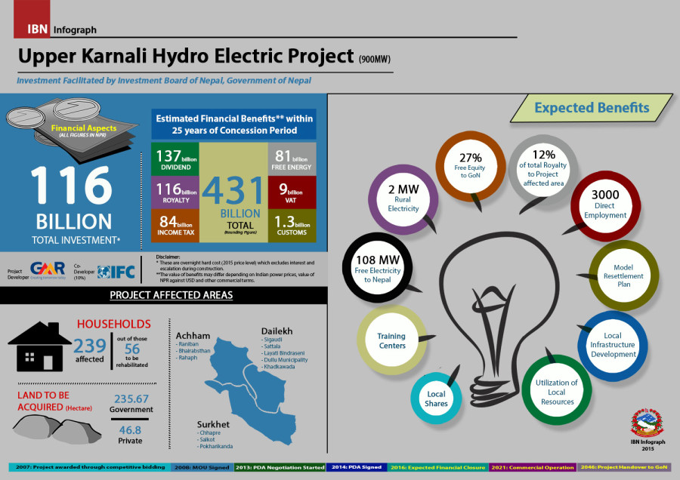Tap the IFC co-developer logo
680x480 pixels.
tap(116, 270)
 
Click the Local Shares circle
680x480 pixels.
tap(436, 398)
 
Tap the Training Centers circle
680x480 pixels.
tap(391, 340)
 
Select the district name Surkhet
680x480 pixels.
tap(214, 423)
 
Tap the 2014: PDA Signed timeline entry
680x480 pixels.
tap(357, 468)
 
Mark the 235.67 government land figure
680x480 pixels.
tap(131, 398)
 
